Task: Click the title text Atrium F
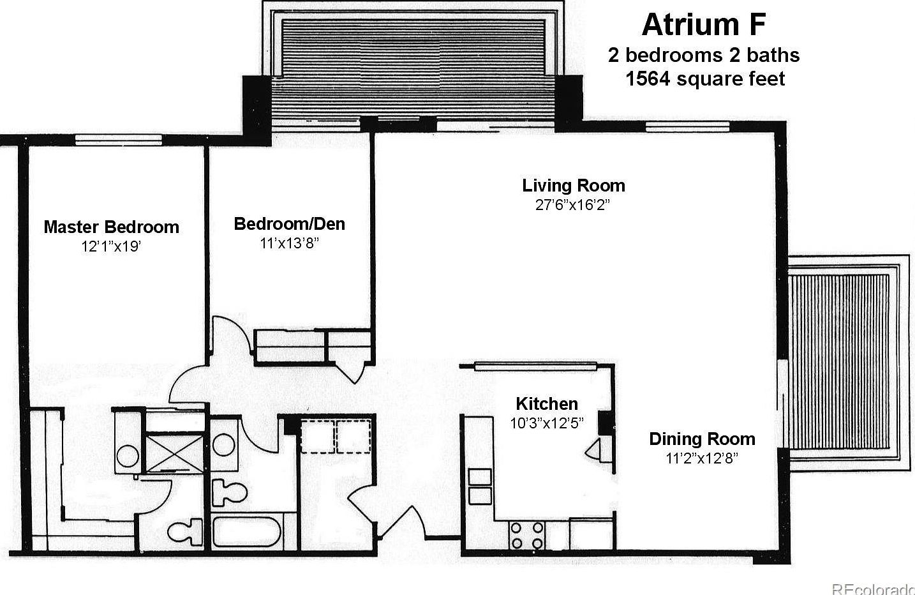[703, 25]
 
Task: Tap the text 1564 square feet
[704, 79]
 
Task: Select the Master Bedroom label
[111, 227]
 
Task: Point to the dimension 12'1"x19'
[111, 246]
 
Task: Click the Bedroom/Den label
[289, 223]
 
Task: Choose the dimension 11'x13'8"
[289, 243]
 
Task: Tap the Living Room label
[573, 185]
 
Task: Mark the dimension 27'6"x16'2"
[573, 204]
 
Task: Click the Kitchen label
[546, 403]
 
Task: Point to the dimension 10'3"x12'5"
[546, 423]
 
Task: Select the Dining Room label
[702, 439]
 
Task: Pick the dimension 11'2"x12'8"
[702, 458]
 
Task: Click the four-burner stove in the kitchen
[527, 535]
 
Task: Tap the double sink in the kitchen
[480, 486]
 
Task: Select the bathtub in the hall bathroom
[246, 532]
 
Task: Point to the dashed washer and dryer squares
[336, 436]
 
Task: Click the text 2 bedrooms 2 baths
[703, 55]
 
